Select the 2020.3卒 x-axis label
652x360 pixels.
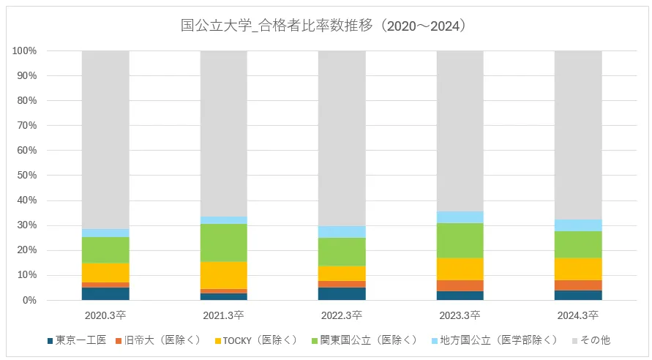[x=105, y=315]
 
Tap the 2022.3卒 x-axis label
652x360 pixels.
[x=342, y=315]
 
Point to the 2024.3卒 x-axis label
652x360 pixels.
[x=578, y=315]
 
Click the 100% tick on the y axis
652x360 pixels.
[x=25, y=50]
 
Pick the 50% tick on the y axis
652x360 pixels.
[x=27, y=176]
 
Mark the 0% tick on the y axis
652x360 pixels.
[x=30, y=300]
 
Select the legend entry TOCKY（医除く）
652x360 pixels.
[x=260, y=340]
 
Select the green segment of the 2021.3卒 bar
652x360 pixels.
[x=224, y=242]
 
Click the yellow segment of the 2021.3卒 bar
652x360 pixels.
[x=224, y=275]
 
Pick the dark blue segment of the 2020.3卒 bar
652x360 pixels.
[x=105, y=293]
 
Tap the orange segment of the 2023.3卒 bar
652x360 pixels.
[x=460, y=285]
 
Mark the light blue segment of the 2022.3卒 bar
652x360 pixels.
[x=342, y=232]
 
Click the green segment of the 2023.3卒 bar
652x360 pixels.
[x=460, y=241]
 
